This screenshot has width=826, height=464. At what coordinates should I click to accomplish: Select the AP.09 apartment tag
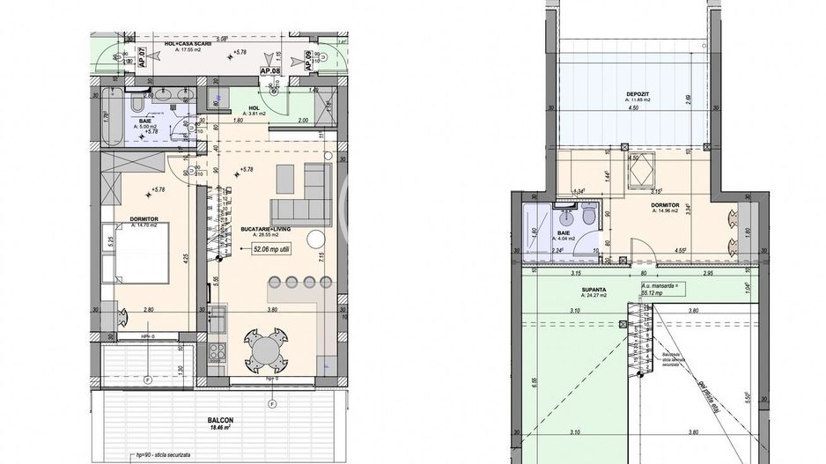pyautogui.click(x=307, y=59)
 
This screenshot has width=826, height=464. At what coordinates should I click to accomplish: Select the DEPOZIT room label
pyautogui.click(x=638, y=94)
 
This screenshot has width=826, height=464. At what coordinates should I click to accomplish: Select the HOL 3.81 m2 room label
pyautogui.click(x=257, y=110)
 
